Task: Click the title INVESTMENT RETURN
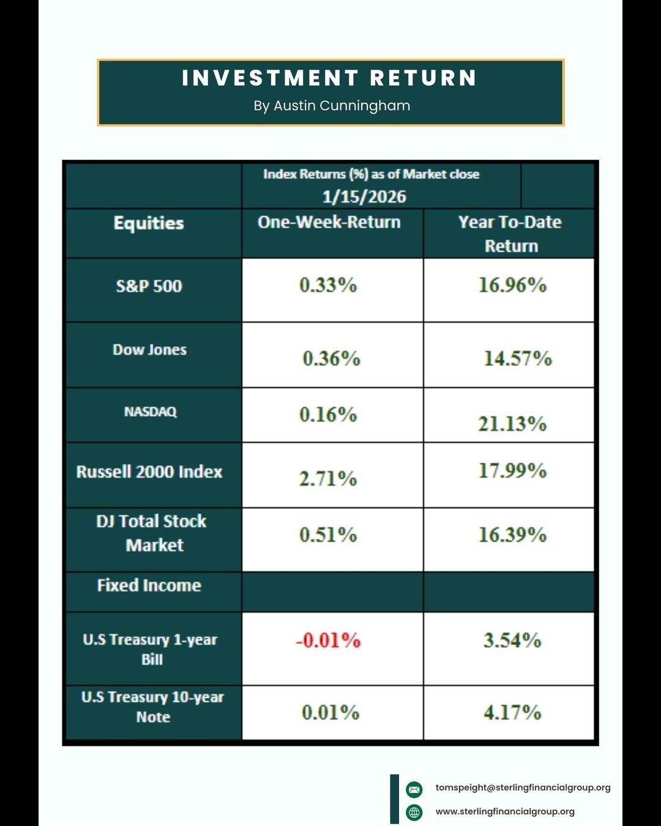[x=329, y=78]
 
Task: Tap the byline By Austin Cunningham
[x=332, y=106]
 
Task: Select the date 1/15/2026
[x=364, y=196]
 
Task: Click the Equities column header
[x=149, y=223]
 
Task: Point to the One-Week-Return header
[x=329, y=222]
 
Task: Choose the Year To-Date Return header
[x=510, y=234]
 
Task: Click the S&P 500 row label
[x=149, y=286]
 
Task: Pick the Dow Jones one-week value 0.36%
[x=331, y=359]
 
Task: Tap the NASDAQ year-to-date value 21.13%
[x=512, y=423]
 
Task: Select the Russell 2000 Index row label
[x=149, y=472]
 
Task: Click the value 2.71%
[x=328, y=478]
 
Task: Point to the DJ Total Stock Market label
[x=152, y=533]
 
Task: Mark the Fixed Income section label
[x=149, y=586]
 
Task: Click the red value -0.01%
[x=328, y=641]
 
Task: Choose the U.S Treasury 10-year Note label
[x=153, y=707]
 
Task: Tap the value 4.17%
[x=512, y=713]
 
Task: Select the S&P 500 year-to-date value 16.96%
[x=512, y=285]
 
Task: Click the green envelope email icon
[x=414, y=789]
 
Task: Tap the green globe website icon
[x=414, y=813]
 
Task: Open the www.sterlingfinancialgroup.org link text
[x=505, y=812]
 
